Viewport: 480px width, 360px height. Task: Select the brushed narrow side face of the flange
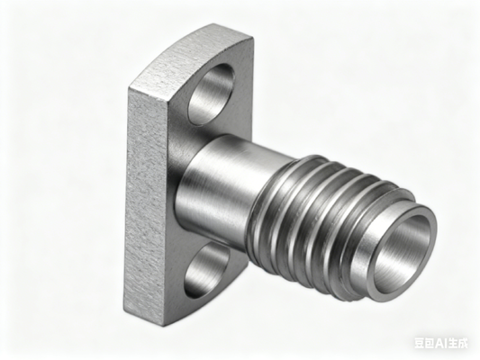click(x=148, y=198)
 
